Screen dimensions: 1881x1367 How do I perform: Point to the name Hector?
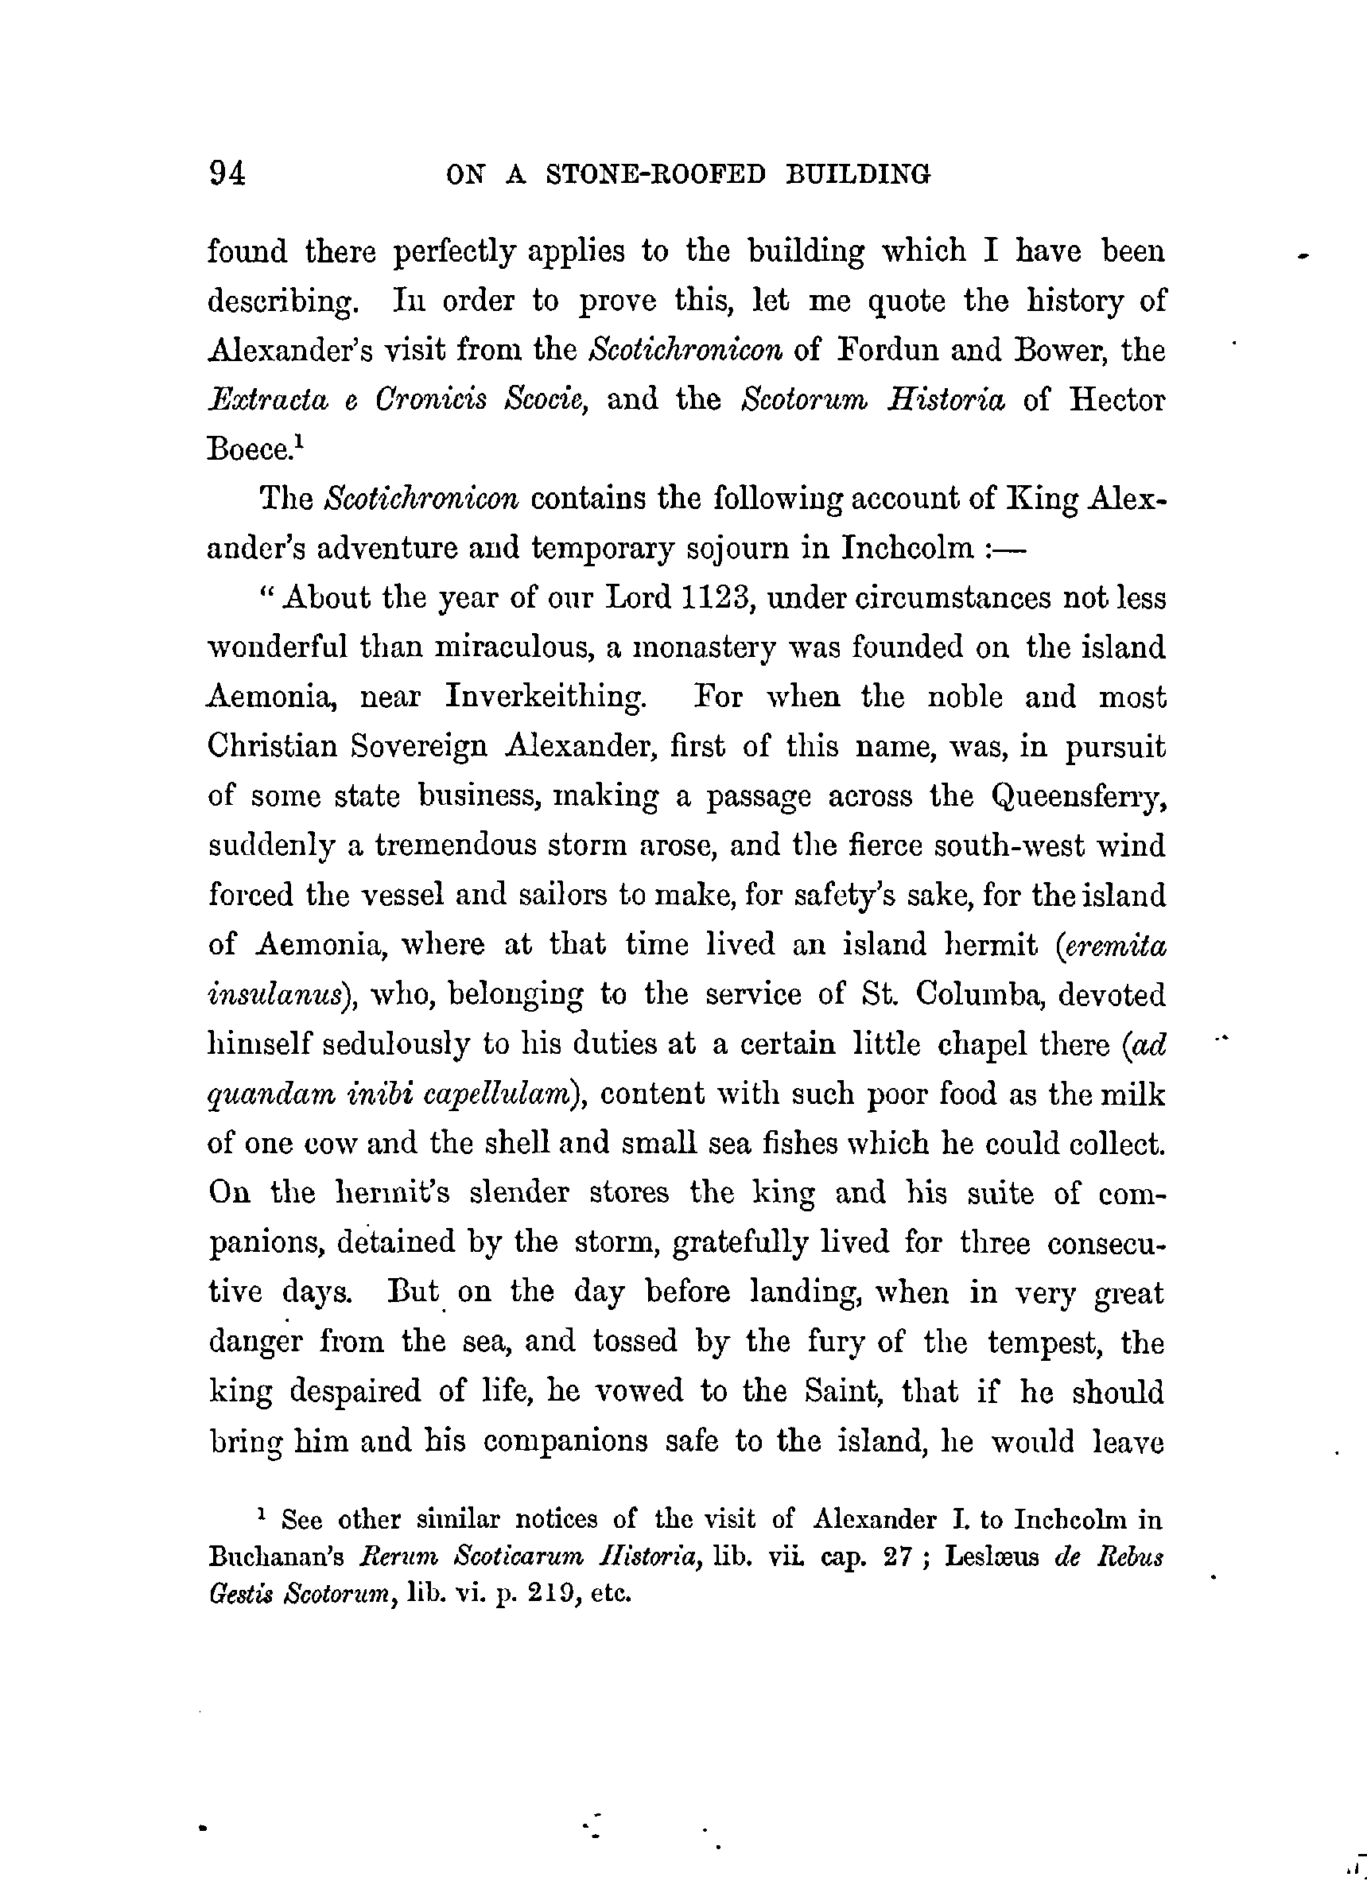[x=1117, y=400]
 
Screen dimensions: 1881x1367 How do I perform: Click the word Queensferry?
[x=1078, y=796]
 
